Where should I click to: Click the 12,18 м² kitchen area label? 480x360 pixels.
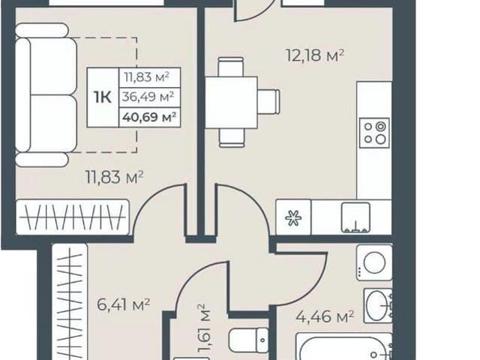[315, 55]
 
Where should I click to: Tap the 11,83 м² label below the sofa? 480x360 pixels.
[115, 178]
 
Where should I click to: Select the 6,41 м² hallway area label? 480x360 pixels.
[123, 304]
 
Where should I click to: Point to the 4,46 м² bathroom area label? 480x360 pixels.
[325, 316]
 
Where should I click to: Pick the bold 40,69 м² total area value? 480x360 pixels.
[149, 117]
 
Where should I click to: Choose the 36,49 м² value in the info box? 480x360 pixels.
[148, 97]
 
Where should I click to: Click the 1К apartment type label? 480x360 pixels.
[103, 97]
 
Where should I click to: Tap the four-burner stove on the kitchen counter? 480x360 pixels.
[374, 133]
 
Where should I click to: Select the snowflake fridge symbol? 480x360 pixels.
[293, 218]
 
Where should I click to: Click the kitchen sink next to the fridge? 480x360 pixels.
[355, 217]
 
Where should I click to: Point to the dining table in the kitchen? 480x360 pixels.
[232, 102]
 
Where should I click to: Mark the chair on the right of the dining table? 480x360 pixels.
[268, 102]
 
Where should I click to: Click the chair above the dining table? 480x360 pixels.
[231, 67]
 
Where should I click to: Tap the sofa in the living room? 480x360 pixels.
[46, 95]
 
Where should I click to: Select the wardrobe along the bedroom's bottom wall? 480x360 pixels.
[73, 217]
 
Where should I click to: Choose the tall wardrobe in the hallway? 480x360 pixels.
[70, 301]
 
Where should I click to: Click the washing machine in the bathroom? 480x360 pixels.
[374, 262]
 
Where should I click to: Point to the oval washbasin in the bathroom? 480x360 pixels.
[378, 305]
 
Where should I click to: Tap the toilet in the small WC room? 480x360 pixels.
[248, 340]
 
